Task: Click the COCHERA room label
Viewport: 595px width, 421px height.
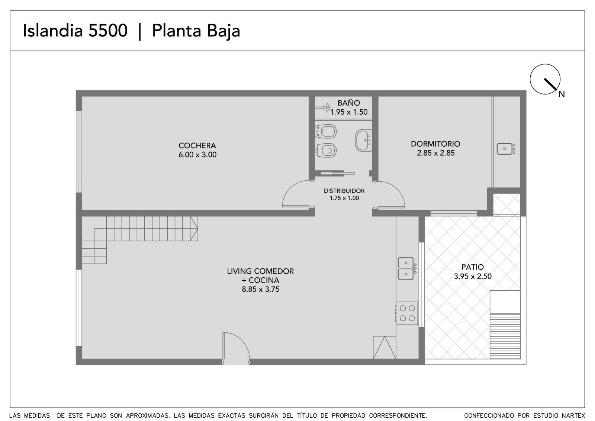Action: [x=197, y=146]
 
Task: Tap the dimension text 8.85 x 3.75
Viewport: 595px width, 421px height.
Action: [x=261, y=289]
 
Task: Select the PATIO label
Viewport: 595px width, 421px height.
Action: [x=473, y=267]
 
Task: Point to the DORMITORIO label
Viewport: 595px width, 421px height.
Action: [x=435, y=144]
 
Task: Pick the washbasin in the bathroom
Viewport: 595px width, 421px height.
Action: [x=363, y=140]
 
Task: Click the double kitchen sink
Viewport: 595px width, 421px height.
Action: [x=406, y=269]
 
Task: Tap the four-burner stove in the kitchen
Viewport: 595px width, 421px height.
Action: [x=407, y=313]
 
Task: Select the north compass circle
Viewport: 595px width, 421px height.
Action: [x=545, y=79]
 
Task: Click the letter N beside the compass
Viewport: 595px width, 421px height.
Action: [x=562, y=94]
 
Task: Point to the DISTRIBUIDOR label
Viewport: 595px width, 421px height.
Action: [x=344, y=191]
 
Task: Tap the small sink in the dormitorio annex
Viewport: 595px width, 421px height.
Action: [x=505, y=149]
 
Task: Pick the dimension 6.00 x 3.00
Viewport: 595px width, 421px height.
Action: [x=197, y=155]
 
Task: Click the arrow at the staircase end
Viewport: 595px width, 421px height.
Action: [x=194, y=229]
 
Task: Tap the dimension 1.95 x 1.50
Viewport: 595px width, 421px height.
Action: [x=349, y=112]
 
